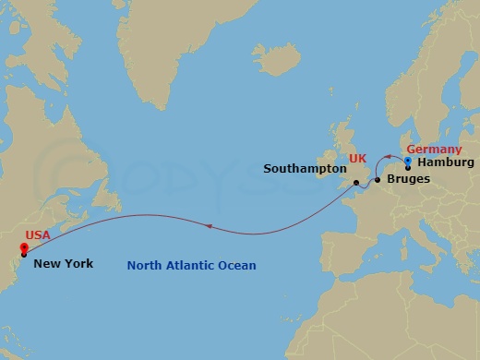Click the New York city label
(63, 264)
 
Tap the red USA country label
(38, 235)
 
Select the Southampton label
(298, 169)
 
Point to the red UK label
(358, 160)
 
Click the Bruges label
(408, 178)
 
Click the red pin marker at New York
(23, 247)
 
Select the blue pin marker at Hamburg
(408, 162)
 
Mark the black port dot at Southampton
(355, 183)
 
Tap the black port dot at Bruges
(378, 180)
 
